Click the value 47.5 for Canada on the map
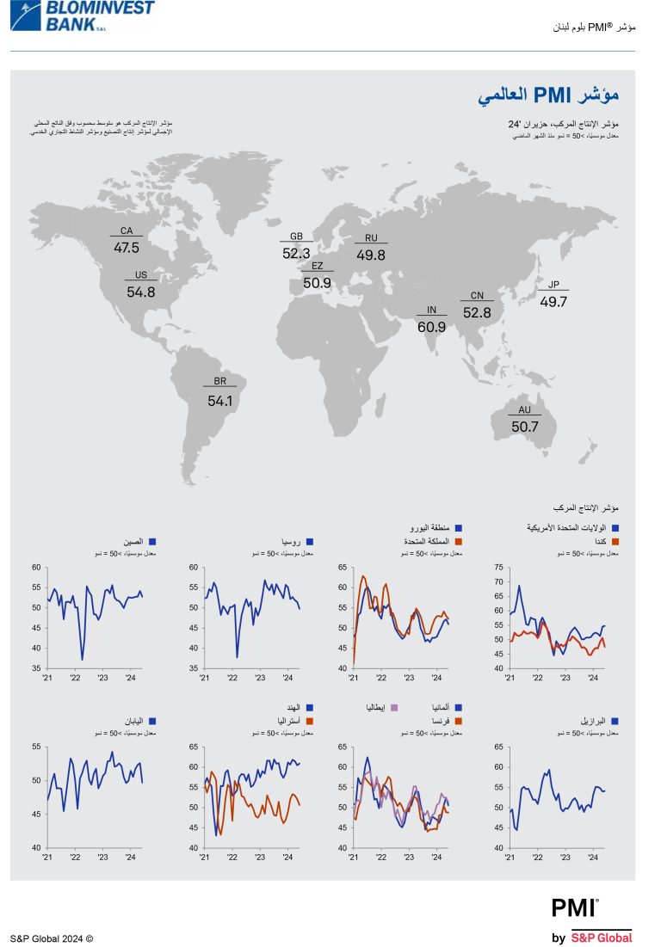pyautogui.click(x=127, y=248)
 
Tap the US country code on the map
pyautogui.click(x=140, y=275)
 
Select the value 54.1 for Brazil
pyautogui.click(x=220, y=401)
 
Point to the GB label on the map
pyautogui.click(x=296, y=237)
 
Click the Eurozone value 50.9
pyautogui.click(x=317, y=283)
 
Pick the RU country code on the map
pyautogui.click(x=371, y=238)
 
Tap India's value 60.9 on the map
pyautogui.click(x=431, y=327)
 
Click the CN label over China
pyautogui.click(x=477, y=296)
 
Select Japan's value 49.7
pyautogui.click(x=553, y=302)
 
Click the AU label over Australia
pyautogui.click(x=524, y=410)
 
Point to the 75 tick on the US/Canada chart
pyautogui.click(x=498, y=568)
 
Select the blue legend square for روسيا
pyautogui.click(x=310, y=542)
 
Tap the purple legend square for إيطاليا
pyautogui.click(x=395, y=707)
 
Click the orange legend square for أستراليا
pyautogui.click(x=310, y=721)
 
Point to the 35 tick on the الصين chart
pyautogui.click(x=36, y=668)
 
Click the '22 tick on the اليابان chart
pyautogui.click(x=75, y=858)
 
